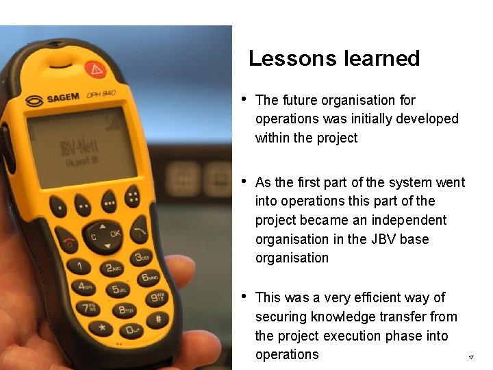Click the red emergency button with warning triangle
pos(95,70)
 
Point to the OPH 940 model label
pos(101,94)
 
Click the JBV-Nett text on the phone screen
pos(79,149)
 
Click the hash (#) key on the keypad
pos(158,319)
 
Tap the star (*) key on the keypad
pos(102,328)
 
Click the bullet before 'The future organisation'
pos(244,100)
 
